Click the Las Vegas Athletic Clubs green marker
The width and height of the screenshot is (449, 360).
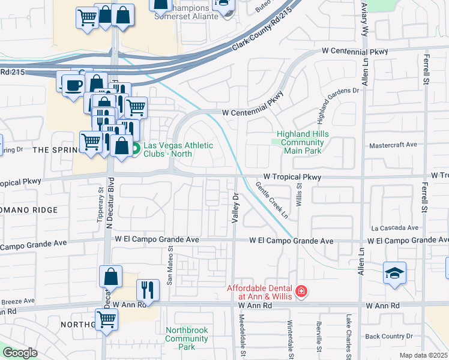point(136,148)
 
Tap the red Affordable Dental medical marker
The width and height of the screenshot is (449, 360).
point(300,292)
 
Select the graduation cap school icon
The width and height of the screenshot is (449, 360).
point(394,274)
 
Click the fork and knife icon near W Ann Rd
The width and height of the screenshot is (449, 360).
point(147,290)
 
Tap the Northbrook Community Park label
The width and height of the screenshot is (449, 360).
point(187,338)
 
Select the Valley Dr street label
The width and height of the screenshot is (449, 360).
point(236,206)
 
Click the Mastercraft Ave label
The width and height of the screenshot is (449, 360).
point(393,145)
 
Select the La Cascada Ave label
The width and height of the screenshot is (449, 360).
point(394,228)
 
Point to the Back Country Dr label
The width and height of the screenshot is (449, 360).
point(390,337)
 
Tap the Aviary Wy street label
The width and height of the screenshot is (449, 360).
point(364,20)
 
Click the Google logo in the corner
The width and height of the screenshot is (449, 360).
point(19,353)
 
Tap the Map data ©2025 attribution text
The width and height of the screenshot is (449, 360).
point(423,355)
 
